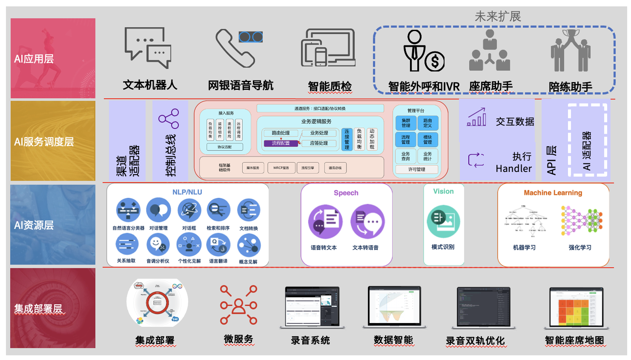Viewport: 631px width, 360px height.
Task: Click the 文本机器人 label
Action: [150, 85]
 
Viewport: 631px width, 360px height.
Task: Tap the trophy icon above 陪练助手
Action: [571, 50]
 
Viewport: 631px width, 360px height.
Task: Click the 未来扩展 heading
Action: [498, 17]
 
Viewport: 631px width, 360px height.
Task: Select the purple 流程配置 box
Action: [281, 143]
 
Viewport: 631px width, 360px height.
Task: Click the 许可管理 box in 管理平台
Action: [417, 169]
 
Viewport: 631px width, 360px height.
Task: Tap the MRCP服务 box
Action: [281, 168]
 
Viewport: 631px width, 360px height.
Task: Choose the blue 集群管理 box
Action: [406, 123]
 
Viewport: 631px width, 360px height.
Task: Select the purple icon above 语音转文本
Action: [325, 222]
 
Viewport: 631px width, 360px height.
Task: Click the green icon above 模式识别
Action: [443, 221]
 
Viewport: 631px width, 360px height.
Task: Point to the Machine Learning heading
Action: [553, 193]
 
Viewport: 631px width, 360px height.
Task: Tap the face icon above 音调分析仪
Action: [158, 245]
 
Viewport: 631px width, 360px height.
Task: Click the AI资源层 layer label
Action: [34, 225]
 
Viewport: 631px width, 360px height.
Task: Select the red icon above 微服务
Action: [238, 305]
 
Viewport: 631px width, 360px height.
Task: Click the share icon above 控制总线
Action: [169, 119]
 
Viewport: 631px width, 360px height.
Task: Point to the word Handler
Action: [513, 169]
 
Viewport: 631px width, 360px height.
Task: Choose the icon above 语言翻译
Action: [218, 245]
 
